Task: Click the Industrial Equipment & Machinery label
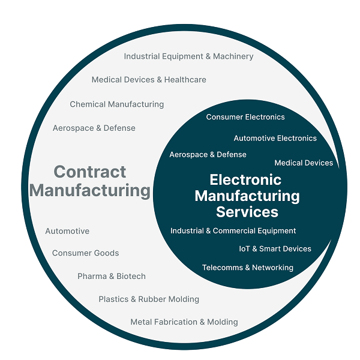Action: (188, 56)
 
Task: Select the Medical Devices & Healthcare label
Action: (149, 80)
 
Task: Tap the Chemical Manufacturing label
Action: (116, 104)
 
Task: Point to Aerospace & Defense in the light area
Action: (94, 128)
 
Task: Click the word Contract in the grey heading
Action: (90, 172)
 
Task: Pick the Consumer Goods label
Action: (85, 253)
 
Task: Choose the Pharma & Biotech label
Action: (112, 277)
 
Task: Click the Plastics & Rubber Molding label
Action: (149, 299)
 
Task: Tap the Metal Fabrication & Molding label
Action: (184, 322)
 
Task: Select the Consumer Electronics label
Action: (245, 117)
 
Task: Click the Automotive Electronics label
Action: (275, 139)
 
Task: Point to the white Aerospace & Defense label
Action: (208, 155)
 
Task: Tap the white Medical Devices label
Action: (304, 163)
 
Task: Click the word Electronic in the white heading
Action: (245, 179)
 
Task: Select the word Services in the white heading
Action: (247, 212)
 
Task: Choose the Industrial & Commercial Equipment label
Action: (233, 231)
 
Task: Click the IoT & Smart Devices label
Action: (275, 249)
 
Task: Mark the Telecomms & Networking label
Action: (248, 268)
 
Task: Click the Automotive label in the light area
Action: (67, 232)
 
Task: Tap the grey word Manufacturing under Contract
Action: (90, 191)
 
